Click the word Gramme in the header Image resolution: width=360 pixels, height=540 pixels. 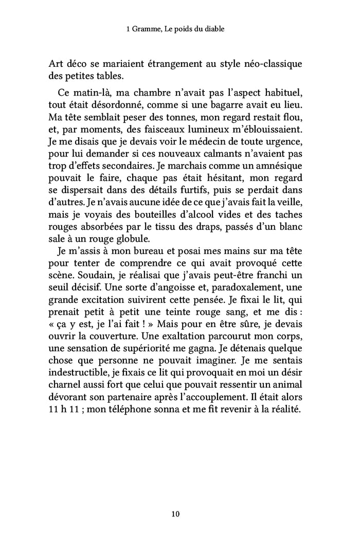click(146, 29)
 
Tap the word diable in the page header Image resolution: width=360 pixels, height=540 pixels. click(213, 29)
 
